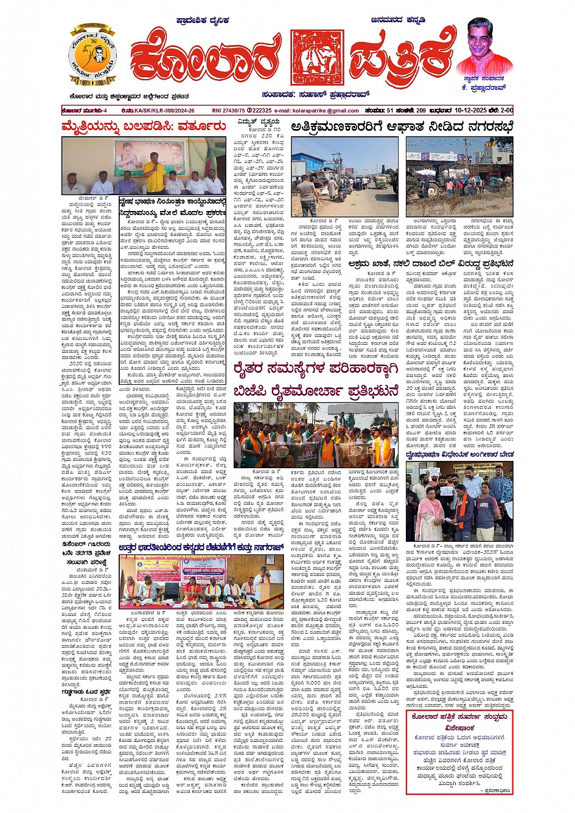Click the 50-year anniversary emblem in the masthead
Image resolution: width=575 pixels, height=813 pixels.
pyautogui.click(x=92, y=57)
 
